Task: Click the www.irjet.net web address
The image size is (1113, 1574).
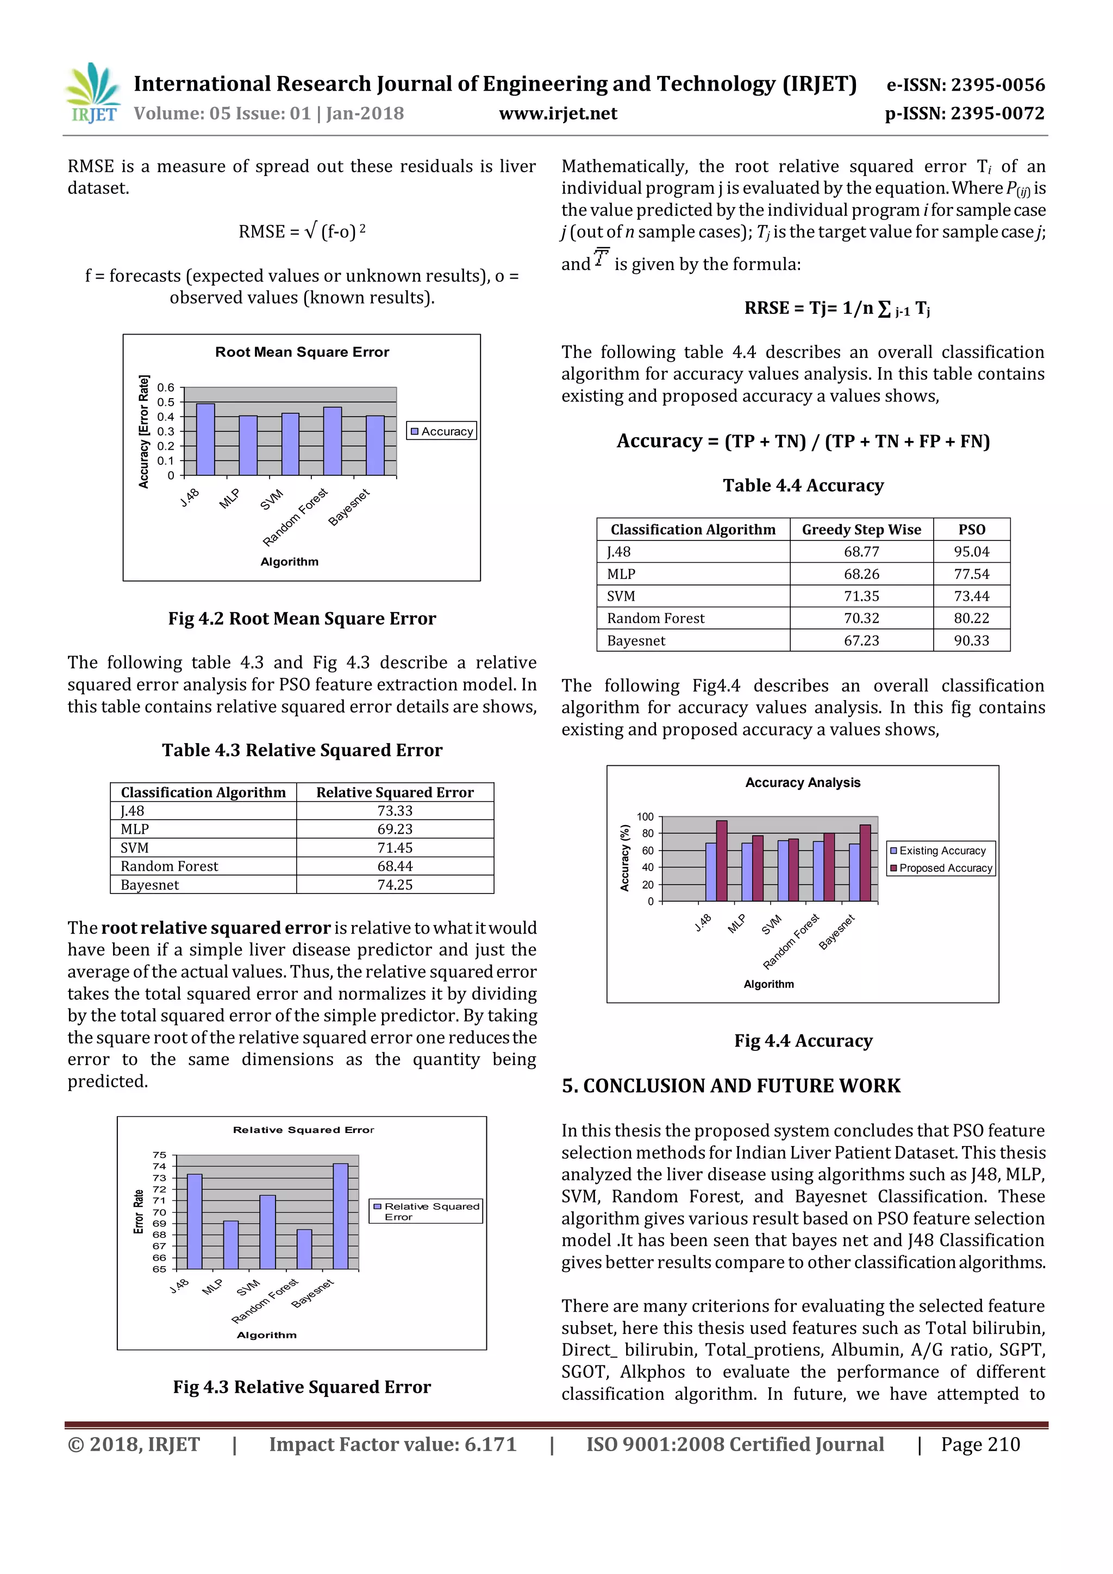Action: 558,114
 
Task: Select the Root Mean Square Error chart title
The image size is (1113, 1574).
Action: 302,352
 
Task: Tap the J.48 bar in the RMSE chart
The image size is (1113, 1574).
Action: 205,440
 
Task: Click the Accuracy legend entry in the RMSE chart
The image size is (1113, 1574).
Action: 442,431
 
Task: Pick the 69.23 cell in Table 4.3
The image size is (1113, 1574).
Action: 395,829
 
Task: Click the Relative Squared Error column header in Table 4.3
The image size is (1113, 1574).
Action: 395,792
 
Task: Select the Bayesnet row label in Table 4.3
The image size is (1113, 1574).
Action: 149,885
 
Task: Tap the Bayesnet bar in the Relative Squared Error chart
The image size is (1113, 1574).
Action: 340,1216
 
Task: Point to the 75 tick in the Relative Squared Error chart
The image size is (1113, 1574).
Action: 159,1155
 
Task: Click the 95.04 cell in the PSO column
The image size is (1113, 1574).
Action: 971,552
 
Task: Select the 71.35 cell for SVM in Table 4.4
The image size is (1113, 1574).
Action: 861,596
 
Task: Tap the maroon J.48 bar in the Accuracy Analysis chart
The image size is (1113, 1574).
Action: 721,860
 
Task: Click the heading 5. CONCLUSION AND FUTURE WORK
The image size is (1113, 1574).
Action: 730,1086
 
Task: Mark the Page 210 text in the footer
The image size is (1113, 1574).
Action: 980,1444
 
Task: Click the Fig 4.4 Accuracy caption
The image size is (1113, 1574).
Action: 803,1041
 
